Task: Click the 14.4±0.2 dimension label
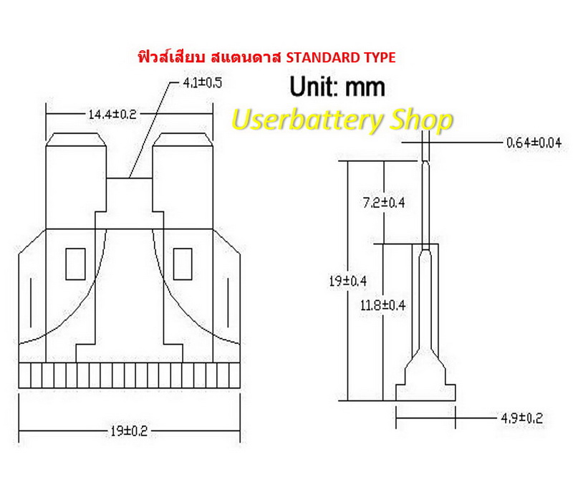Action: [112, 114]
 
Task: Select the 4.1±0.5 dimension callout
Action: [202, 83]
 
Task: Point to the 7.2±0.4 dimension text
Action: [383, 202]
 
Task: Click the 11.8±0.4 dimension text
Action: [383, 305]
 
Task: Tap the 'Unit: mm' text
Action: [337, 87]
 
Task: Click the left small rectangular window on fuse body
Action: [75, 264]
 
